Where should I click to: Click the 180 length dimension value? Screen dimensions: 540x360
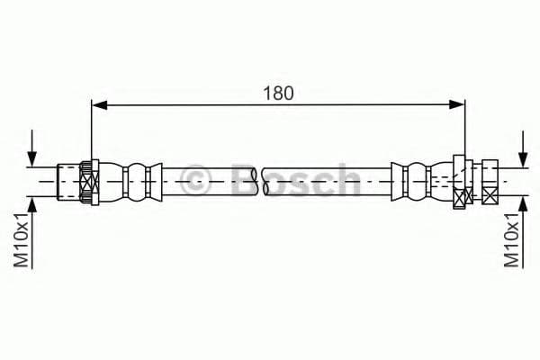[278, 93]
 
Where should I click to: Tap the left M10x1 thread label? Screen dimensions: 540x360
[21, 239]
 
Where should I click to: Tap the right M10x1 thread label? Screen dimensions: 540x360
[511, 239]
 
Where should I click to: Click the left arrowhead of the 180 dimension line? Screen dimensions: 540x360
[100, 104]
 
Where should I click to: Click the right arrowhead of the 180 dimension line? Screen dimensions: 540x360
[457, 104]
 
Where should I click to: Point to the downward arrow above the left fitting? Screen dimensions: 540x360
[32, 148]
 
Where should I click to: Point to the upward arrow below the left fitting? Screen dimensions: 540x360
[32, 233]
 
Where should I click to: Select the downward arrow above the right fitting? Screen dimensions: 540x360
[523, 149]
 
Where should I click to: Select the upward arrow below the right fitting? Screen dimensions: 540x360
[523, 233]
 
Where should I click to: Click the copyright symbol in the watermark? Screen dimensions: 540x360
[194, 180]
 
